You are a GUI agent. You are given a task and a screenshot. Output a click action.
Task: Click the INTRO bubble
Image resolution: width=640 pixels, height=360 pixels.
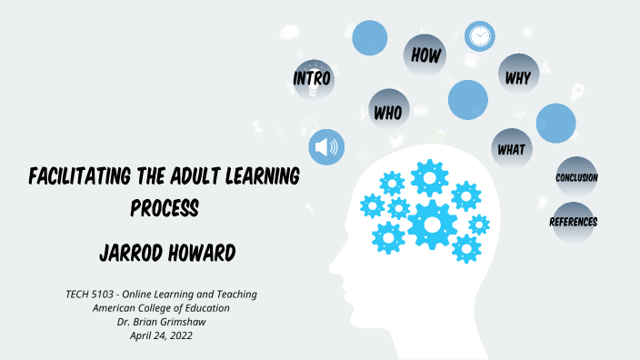[312, 78]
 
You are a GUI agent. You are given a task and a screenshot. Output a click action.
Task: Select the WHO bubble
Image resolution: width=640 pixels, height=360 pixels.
[390, 111]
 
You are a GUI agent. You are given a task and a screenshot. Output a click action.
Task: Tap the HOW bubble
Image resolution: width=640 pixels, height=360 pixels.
[425, 55]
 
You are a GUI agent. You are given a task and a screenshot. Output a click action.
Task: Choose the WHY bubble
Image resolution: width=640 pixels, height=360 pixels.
[518, 76]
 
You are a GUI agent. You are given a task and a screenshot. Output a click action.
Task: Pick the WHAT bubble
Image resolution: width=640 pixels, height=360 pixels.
[511, 148]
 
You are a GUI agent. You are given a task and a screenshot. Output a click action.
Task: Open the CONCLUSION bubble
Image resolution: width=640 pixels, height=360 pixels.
[576, 177]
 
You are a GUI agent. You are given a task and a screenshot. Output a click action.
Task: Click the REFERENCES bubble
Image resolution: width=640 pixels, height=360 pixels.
[574, 221]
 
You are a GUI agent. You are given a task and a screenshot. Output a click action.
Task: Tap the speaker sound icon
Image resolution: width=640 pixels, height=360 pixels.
[325, 146]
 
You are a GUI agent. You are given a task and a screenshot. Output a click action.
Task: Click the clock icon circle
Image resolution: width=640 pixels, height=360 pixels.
[479, 36]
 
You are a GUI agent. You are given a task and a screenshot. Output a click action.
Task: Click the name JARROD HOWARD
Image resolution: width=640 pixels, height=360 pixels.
[165, 249]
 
